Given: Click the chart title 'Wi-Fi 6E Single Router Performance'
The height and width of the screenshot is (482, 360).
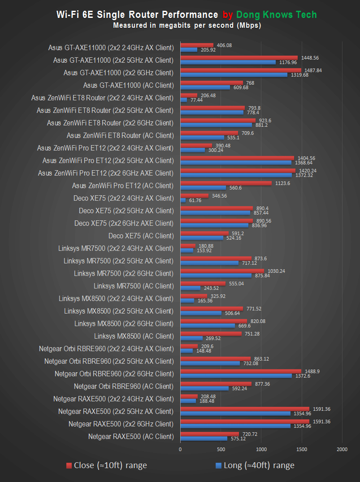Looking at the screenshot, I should (137, 15).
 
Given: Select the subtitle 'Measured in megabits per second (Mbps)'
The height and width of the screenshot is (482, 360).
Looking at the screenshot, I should (187, 26).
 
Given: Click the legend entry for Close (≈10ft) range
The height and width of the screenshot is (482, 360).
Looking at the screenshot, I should (106, 465).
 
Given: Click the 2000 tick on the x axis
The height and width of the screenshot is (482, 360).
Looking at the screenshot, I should (342, 448).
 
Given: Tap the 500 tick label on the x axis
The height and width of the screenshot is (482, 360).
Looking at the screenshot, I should (221, 448).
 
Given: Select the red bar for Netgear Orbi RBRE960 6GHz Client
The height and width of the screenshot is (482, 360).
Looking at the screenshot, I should (240, 371).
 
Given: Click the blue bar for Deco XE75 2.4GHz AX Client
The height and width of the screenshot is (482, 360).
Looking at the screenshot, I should (183, 200).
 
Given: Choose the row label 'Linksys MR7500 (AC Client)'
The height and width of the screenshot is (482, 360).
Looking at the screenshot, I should (133, 286).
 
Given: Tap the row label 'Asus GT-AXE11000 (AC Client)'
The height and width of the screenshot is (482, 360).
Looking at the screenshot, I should (128, 85).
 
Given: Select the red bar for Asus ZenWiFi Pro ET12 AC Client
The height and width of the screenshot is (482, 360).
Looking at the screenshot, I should (226, 183).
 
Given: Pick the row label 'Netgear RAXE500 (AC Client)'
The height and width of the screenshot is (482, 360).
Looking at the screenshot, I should (130, 436).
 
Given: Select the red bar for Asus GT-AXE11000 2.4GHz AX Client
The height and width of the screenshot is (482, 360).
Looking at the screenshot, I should (196, 45).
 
